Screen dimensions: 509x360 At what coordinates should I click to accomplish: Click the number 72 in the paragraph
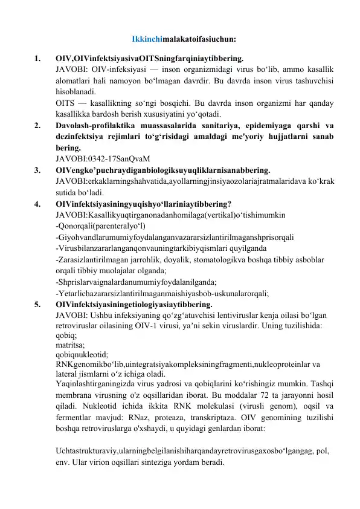coord(259,395)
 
